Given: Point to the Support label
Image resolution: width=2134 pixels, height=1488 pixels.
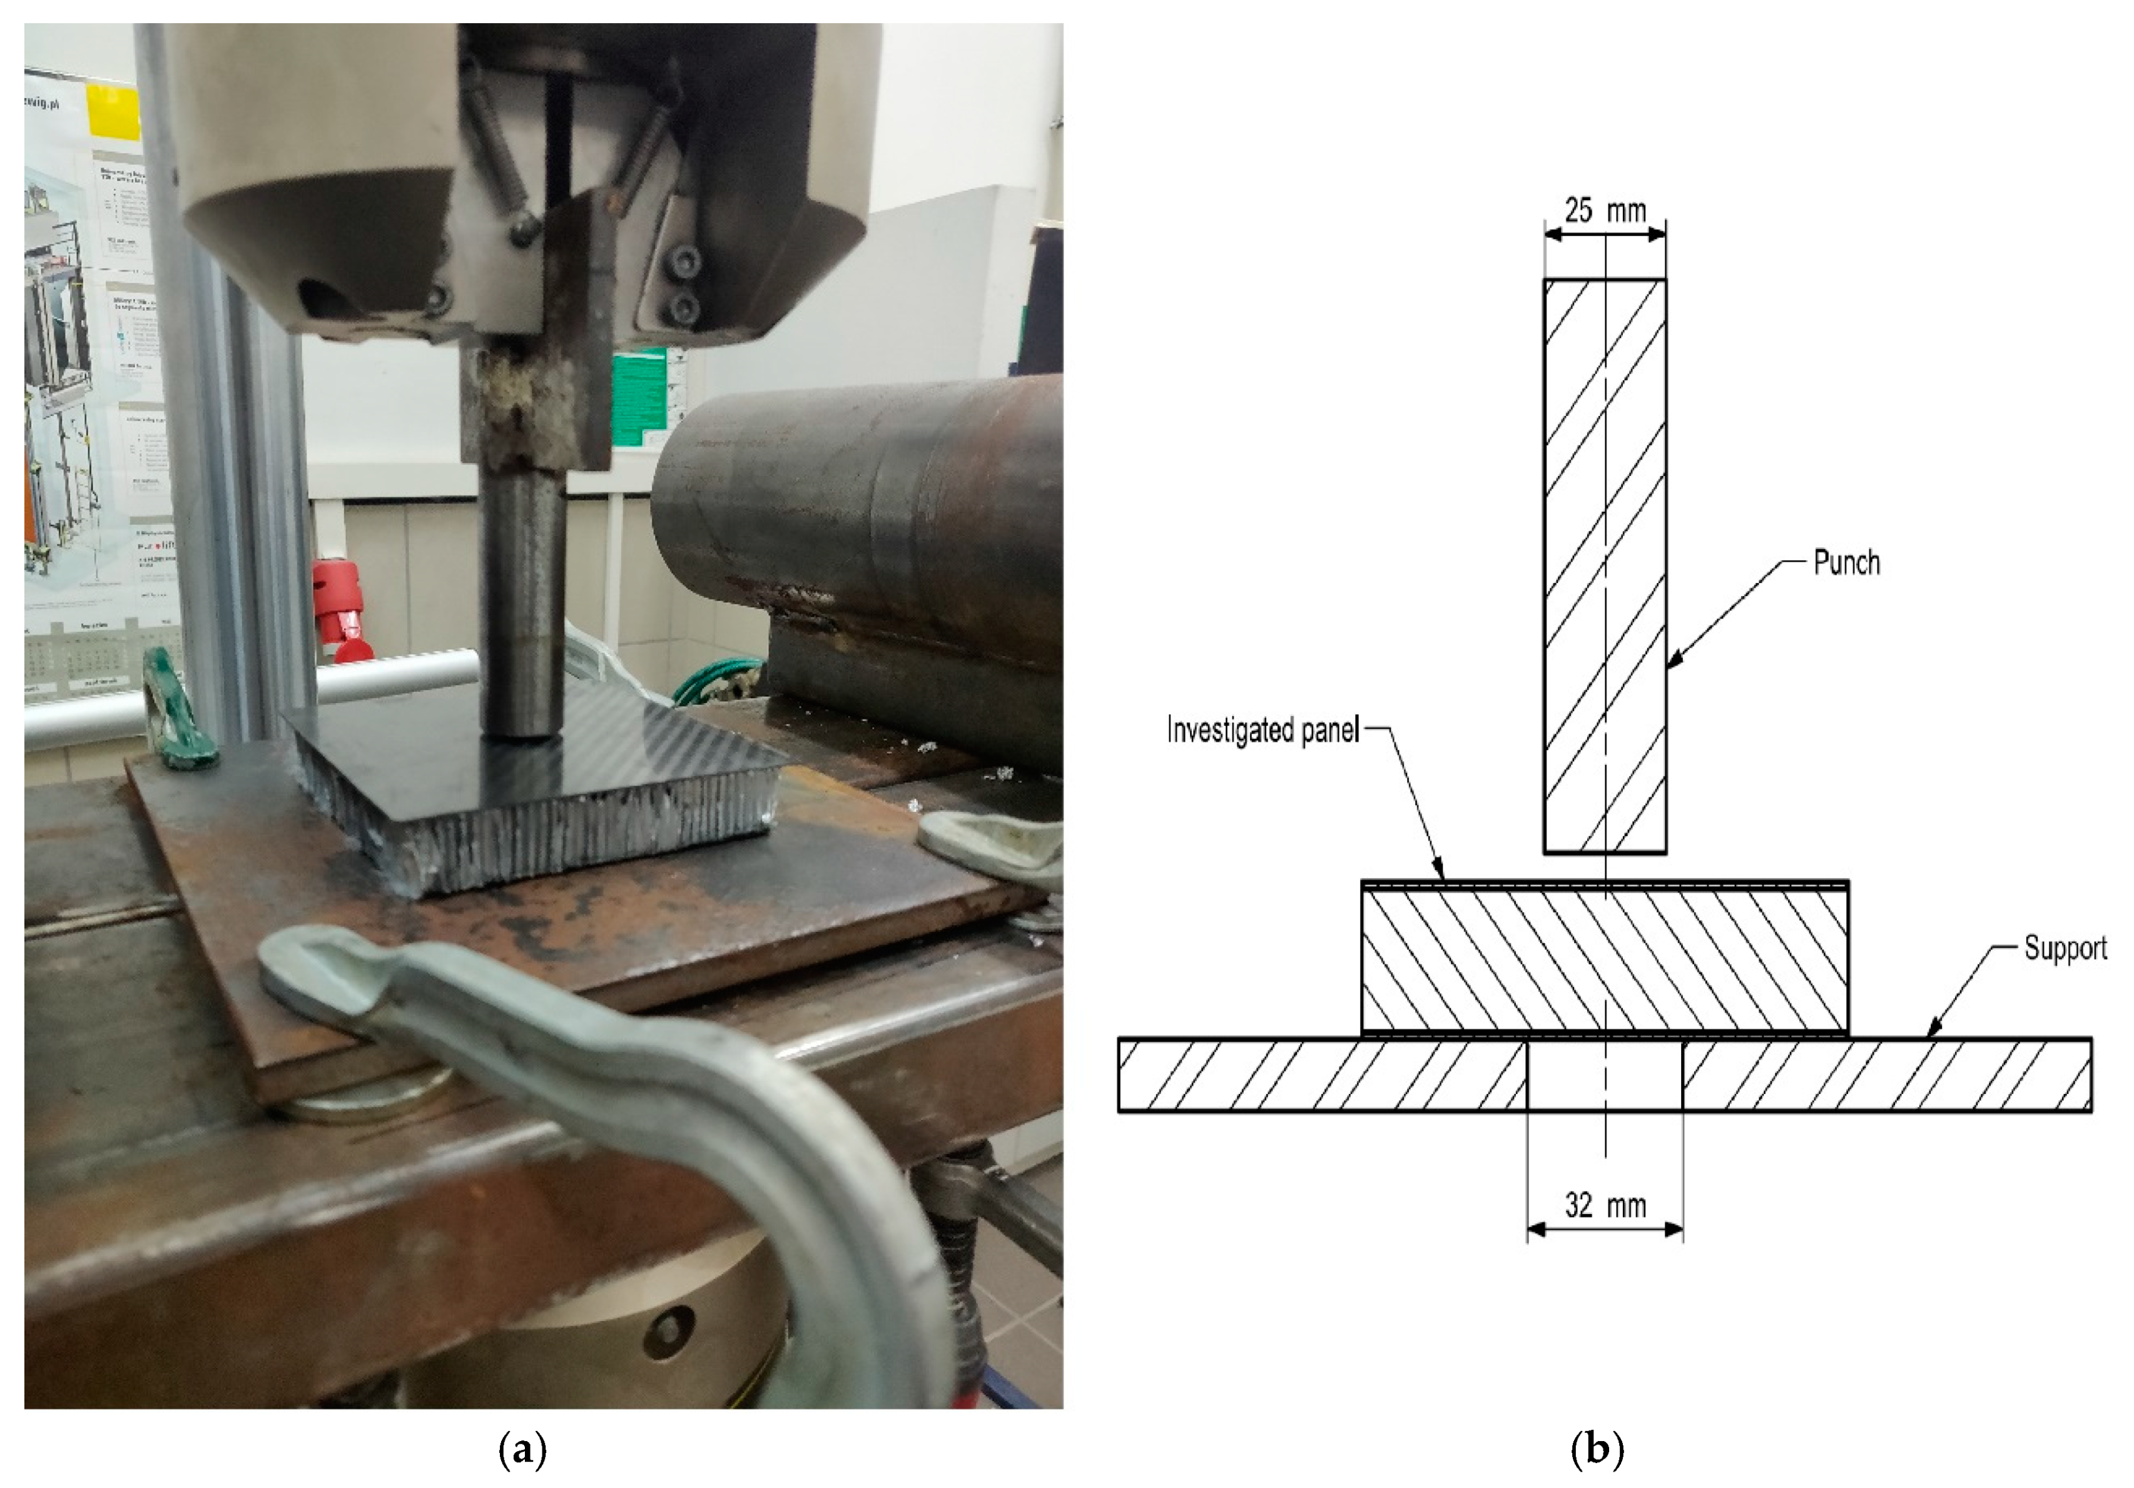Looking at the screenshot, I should (2065, 949).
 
